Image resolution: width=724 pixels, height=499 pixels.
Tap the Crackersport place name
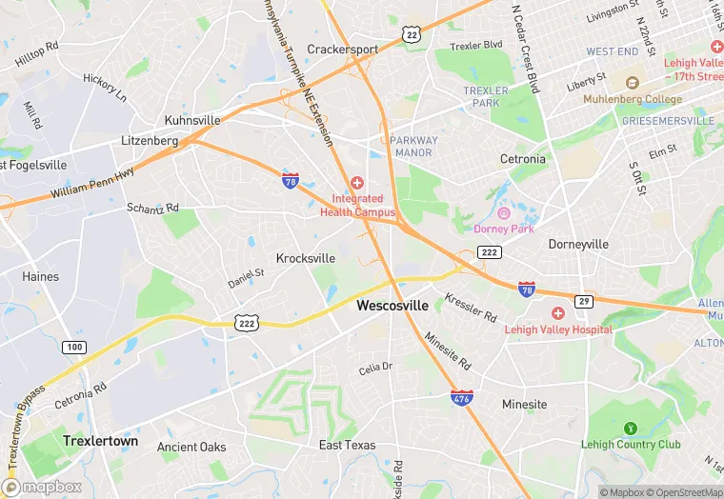[342, 50]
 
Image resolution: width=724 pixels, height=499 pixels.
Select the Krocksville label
[306, 258]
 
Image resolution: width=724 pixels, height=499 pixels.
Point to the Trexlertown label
[100, 441]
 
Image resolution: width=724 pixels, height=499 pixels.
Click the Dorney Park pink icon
[504, 213]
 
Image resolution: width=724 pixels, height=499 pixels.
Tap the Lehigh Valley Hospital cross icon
[558, 313]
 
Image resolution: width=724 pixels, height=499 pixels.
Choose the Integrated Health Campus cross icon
[357, 183]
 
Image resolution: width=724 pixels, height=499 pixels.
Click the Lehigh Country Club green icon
[629, 429]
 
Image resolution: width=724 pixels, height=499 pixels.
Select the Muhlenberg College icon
[631, 83]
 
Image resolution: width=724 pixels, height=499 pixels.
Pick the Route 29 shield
[585, 302]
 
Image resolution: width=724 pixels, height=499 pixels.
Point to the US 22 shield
[412, 34]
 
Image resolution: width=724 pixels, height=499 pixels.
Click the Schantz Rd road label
[152, 208]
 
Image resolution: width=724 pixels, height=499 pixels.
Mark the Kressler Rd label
[471, 307]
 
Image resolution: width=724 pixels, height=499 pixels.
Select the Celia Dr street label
[375, 368]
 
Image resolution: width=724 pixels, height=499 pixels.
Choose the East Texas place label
[347, 445]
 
